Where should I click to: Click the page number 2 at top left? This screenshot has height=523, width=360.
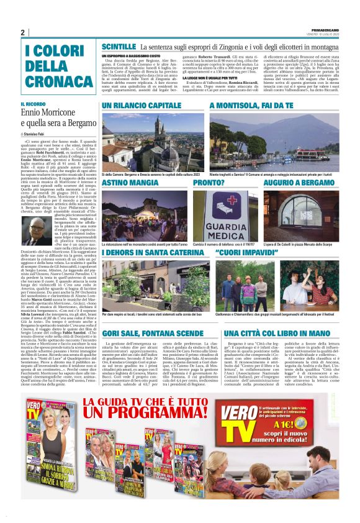22,32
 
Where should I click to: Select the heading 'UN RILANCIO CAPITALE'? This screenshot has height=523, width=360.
142,106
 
